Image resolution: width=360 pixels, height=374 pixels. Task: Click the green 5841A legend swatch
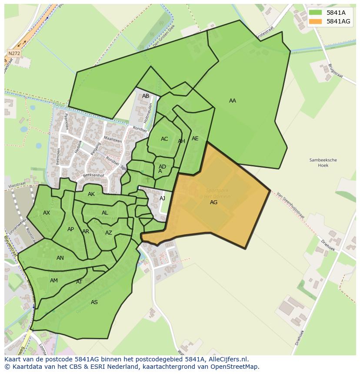316,13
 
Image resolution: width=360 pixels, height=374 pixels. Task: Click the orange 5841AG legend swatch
316,21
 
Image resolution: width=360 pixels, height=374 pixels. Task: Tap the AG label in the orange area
213,202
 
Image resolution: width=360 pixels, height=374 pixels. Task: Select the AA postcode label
233,101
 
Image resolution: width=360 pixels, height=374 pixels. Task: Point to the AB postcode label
146,96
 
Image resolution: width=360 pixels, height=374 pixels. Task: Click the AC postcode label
164,139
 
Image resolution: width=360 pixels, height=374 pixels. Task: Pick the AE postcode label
195,139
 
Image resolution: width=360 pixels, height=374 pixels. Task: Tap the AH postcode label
181,141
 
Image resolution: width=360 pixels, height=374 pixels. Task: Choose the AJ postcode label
163,198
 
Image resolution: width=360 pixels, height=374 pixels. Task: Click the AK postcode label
91,194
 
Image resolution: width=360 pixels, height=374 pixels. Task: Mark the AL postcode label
105,213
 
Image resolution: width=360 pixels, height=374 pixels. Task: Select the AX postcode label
47,213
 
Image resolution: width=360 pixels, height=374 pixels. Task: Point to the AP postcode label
70,229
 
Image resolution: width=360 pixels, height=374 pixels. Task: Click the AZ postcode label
109,233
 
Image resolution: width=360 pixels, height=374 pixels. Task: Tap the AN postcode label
60,258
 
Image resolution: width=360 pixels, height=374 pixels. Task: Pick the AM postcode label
54,281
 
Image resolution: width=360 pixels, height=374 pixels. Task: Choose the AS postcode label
94,302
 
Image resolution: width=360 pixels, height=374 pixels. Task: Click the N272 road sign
14,53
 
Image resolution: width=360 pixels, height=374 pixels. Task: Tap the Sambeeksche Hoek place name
323,162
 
